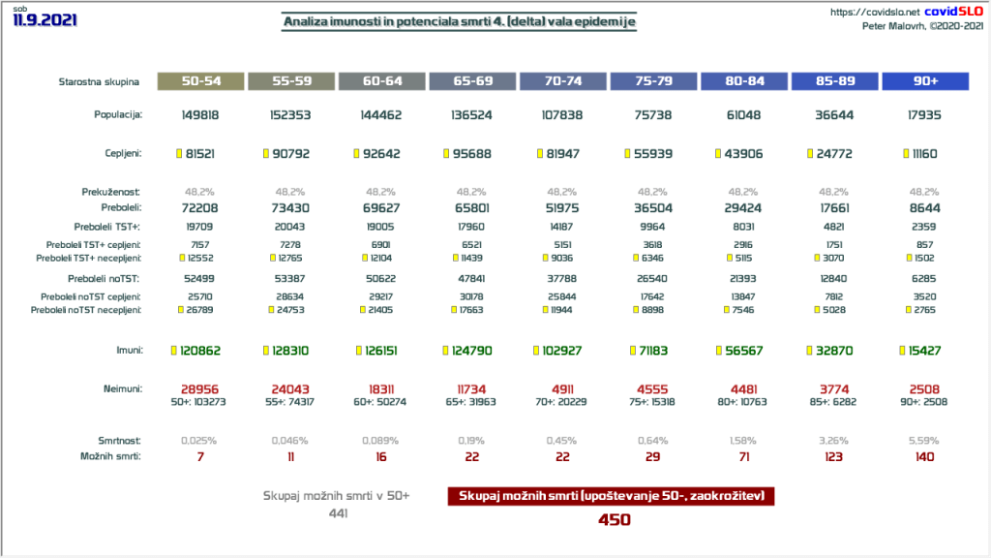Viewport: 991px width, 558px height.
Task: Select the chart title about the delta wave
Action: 460,21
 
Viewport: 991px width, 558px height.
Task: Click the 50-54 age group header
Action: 199,82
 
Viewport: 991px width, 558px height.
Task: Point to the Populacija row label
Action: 118,114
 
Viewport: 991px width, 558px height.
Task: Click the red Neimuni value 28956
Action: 199,387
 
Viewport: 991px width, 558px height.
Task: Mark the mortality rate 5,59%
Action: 924,439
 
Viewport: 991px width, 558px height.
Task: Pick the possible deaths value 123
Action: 833,455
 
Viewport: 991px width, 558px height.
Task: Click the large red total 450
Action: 614,519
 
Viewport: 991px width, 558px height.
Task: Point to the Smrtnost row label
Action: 120,439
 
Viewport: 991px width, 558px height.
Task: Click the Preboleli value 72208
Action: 199,207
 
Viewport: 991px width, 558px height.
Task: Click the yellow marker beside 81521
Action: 177,153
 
